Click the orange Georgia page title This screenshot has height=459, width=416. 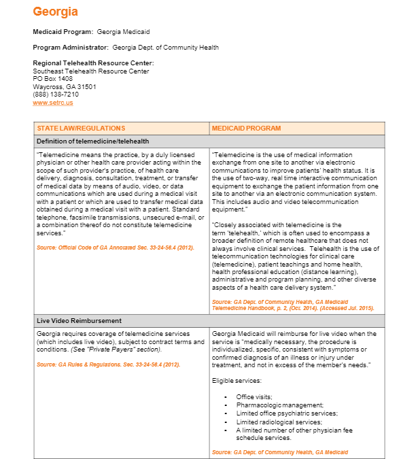click(55, 12)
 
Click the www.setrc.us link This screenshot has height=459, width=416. click(52, 103)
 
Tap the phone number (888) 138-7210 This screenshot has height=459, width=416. click(56, 95)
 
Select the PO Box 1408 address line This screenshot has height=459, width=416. click(52, 79)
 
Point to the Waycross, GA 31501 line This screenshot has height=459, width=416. click(64, 87)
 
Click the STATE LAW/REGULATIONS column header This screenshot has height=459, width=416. click(81, 128)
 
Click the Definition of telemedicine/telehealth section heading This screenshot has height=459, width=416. click(92, 141)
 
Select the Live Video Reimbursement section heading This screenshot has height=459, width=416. click(79, 320)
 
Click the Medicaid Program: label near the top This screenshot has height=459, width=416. click(63, 32)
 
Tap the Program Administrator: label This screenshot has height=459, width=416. click(71, 48)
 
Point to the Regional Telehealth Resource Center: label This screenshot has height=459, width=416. click(93, 63)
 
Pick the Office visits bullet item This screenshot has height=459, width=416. click(254, 397)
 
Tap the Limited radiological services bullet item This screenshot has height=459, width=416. click(279, 422)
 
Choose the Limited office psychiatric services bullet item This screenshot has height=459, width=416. click(286, 413)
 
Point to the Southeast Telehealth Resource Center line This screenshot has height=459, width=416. click(90, 71)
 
